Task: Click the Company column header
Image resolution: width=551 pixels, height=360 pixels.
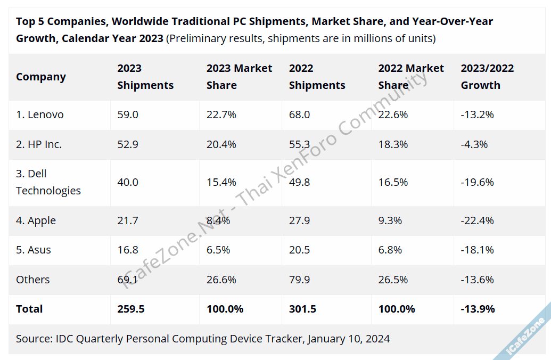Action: coord(41,77)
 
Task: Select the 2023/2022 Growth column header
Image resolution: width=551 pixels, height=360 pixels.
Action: coord(487,77)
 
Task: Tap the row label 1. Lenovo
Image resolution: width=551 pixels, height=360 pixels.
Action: coord(40,114)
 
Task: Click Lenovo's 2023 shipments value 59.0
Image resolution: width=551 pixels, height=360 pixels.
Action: coord(128,114)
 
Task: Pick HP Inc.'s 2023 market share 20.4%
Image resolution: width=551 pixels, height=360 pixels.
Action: coord(221,144)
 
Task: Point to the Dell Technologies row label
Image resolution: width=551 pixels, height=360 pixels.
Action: coord(48,182)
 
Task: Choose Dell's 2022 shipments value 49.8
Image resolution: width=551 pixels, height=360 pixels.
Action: coord(300,182)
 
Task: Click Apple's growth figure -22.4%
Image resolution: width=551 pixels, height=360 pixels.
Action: coord(477,220)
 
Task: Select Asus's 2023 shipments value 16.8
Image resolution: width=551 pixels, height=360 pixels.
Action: coord(128,250)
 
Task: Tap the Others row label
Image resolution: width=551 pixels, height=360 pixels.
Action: coord(32,280)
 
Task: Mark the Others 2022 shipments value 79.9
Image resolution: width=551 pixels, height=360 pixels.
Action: coord(300,280)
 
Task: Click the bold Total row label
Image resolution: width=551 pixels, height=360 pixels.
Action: coord(29,309)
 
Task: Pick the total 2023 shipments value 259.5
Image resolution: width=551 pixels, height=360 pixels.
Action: coord(131,309)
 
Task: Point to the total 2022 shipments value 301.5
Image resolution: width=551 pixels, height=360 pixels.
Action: coord(302,309)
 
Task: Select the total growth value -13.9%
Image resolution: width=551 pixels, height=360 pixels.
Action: coord(478,309)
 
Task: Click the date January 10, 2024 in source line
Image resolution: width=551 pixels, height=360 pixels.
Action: coord(349,339)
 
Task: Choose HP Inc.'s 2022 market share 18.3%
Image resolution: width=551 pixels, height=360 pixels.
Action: coord(393,144)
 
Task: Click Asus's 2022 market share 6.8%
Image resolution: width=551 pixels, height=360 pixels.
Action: coord(390,250)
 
